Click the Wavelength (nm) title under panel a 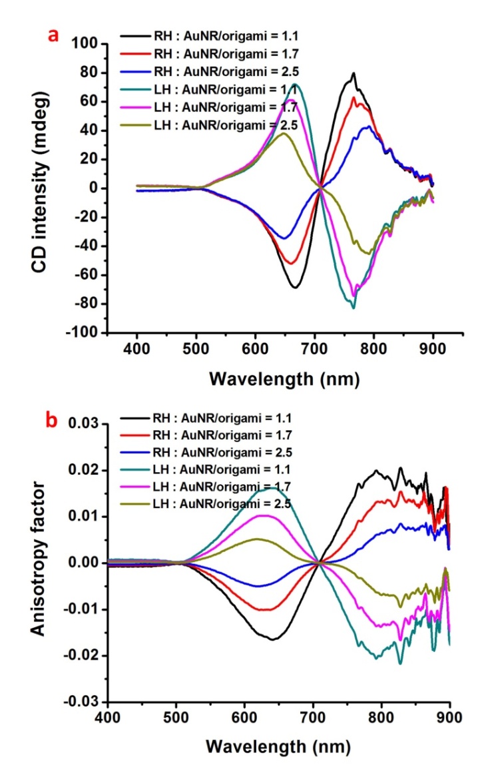(x=284, y=379)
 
